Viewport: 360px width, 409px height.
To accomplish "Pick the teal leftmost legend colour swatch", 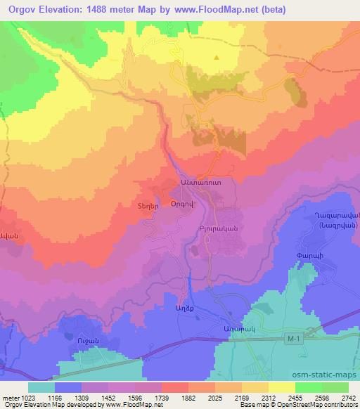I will pyautogui.click(x=41, y=387).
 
